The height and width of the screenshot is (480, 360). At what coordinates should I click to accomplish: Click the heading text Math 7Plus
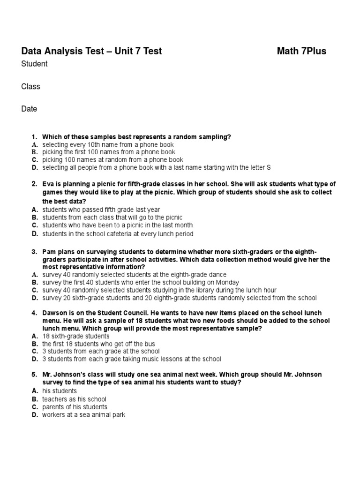[301, 51]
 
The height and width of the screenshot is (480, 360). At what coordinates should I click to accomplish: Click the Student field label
[34, 64]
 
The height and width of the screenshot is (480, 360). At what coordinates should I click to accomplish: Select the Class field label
[31, 86]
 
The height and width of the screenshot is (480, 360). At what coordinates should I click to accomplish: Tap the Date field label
[29, 109]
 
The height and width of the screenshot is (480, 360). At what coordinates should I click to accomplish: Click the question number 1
[34, 137]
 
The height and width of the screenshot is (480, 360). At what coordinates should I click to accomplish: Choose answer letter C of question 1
[34, 160]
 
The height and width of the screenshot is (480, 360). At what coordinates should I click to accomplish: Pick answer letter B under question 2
[34, 218]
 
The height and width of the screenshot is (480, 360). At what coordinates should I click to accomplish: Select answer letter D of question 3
[34, 298]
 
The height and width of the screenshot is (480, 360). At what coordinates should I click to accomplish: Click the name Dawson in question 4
[54, 313]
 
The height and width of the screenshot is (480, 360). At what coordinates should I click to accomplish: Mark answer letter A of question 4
[34, 336]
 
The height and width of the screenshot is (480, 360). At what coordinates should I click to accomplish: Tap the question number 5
[34, 375]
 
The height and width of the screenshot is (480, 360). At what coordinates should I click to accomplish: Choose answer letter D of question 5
[34, 415]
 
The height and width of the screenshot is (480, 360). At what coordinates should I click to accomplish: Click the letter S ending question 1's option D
[269, 167]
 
